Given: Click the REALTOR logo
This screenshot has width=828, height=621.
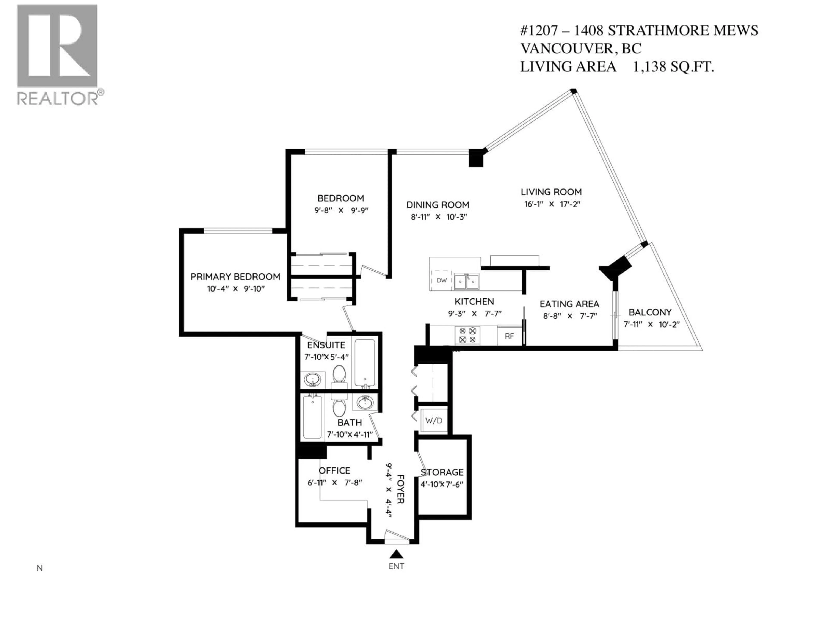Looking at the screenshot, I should (x=57, y=55).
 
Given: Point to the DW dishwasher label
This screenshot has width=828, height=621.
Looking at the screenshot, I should (x=442, y=280).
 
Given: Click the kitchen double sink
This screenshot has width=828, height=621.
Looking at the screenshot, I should (x=466, y=281).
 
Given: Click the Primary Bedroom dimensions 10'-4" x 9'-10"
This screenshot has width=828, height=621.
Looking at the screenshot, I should (x=236, y=289).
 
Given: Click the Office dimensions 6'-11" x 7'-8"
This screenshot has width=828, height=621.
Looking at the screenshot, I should (x=335, y=483).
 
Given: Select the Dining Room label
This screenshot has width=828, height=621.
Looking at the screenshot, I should (x=438, y=205).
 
